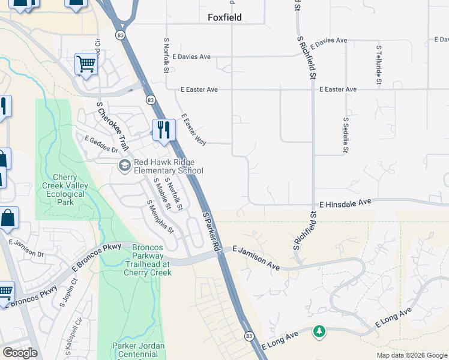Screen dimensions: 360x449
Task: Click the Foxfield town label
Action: [224, 17]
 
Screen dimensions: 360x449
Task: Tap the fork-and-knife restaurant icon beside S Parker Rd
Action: [163, 130]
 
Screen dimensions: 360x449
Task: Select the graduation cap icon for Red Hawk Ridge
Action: [125, 166]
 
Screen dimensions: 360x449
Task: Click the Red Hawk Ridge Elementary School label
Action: [168, 166]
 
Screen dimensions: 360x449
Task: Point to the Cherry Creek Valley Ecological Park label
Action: [62, 190]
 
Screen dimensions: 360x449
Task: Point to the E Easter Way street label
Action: [193, 130]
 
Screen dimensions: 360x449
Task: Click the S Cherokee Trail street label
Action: [113, 127]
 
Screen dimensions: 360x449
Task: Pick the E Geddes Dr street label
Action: [101, 145]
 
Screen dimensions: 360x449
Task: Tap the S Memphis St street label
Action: [160, 217]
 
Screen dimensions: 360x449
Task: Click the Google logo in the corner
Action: [20, 353]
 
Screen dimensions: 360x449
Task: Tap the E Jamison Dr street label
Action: [27, 248]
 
